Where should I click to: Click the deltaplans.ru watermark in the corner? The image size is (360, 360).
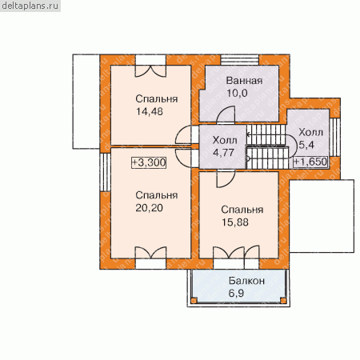(x=30, y=6)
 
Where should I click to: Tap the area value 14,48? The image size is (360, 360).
(x=150, y=111)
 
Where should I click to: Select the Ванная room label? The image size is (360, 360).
(x=244, y=81)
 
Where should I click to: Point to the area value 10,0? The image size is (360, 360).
(x=237, y=93)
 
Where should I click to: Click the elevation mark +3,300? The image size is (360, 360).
(x=149, y=162)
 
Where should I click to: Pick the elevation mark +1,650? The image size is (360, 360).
(x=310, y=162)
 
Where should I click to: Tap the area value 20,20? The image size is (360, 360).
(x=149, y=208)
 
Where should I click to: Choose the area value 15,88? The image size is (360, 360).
(x=235, y=222)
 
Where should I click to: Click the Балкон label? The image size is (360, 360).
(x=246, y=281)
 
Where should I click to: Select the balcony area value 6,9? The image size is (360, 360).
(x=236, y=294)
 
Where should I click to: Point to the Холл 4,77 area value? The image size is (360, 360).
(x=223, y=153)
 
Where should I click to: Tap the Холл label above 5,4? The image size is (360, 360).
(x=310, y=132)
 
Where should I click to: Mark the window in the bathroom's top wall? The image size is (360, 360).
(x=239, y=59)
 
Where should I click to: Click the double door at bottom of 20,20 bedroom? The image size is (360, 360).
(x=150, y=253)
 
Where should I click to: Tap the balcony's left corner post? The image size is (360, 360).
(x=194, y=301)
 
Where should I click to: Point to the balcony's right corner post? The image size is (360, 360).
(x=283, y=301)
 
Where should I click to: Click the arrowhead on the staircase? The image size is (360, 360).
(x=248, y=134)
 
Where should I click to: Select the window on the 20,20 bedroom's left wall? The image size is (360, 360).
(x=106, y=172)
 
